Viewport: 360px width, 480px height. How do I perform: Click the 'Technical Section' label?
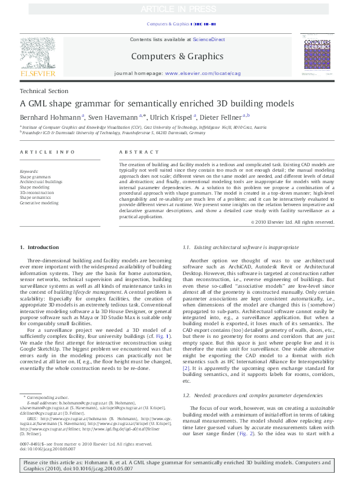click(x=40, y=91)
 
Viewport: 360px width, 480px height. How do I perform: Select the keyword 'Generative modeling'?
click(x=39, y=203)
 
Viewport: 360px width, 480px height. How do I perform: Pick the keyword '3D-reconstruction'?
click(x=37, y=192)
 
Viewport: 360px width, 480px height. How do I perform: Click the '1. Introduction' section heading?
click(x=40, y=247)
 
